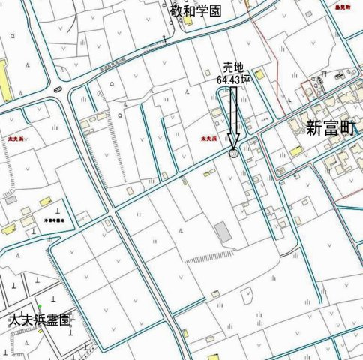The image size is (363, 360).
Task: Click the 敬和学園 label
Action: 196,10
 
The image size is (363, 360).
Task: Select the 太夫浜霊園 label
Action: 39,319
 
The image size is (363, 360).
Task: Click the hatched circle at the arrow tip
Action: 234,152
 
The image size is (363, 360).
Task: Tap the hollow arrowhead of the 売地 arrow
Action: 234,141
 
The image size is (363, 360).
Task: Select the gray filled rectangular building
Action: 223,232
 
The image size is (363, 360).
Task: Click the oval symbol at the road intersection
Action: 58,89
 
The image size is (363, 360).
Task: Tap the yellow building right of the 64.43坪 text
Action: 259,75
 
